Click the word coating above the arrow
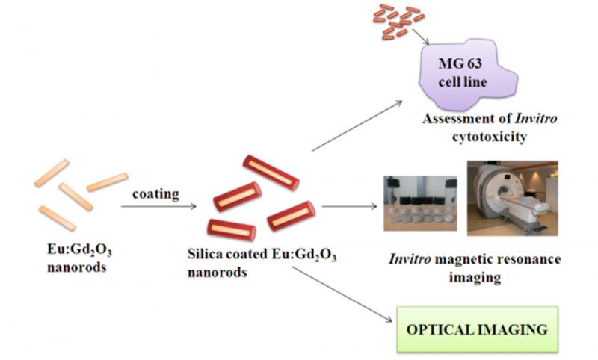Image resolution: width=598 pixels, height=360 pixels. tap(155, 194)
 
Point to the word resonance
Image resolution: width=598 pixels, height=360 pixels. tap(528, 259)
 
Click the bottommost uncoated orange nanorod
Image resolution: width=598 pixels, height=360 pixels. tap(57, 218)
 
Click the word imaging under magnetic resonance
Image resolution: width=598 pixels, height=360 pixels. tap(476, 277)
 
